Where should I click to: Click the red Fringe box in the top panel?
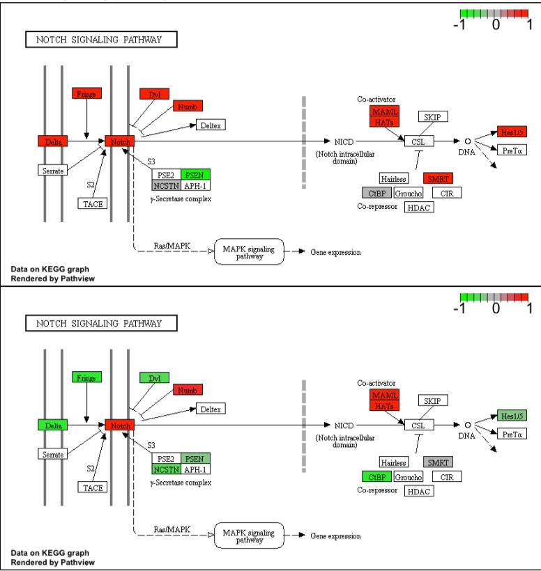pyautogui.click(x=87, y=93)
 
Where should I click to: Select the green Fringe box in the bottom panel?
pyautogui.click(x=87, y=377)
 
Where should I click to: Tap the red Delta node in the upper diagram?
pyautogui.click(x=53, y=141)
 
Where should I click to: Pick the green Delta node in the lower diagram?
pyautogui.click(x=53, y=424)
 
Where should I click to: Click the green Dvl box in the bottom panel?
pyautogui.click(x=154, y=377)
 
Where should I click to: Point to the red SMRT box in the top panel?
pyautogui.click(x=438, y=178)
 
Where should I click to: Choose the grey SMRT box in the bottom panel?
pyautogui.click(x=438, y=462)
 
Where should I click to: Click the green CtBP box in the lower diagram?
pyautogui.click(x=376, y=476)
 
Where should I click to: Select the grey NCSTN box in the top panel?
pyautogui.click(x=167, y=185)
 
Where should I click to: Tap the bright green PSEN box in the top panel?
pyautogui.click(x=196, y=174)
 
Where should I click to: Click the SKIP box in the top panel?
pyautogui.click(x=433, y=116)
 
